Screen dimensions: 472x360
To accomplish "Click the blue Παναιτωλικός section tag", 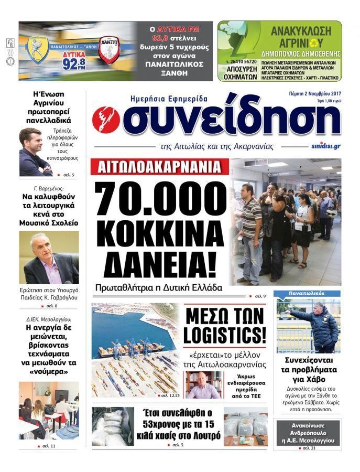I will pos(298,294).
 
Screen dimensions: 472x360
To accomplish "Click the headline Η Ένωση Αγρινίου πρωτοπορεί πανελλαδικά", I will pos(49,107).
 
